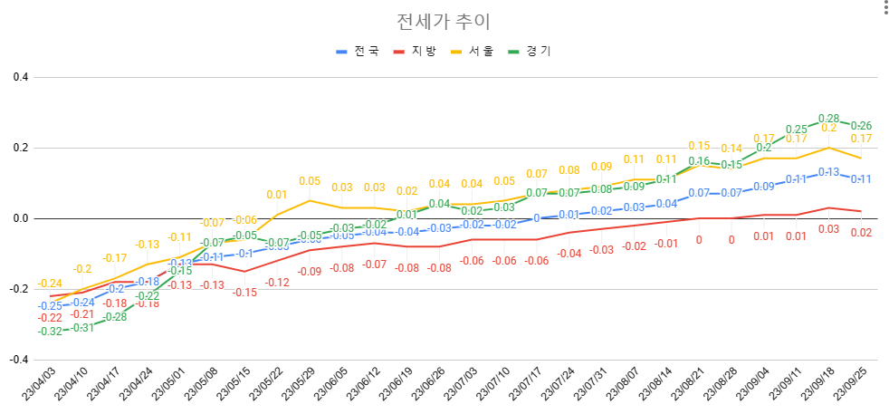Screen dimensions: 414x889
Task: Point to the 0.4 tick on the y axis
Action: pos(19,78)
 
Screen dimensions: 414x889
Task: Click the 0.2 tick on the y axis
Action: pos(19,148)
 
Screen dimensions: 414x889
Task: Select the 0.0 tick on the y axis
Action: pos(19,218)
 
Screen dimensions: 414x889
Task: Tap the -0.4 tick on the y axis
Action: pos(17,360)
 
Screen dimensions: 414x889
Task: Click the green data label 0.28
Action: pos(828,119)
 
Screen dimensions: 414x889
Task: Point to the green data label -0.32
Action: pos(51,332)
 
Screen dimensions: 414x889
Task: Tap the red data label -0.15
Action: pos(244,292)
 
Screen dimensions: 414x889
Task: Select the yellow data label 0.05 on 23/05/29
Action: pos(310,181)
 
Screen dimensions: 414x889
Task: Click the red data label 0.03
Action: pos(828,229)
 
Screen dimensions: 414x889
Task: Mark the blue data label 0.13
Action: pos(828,172)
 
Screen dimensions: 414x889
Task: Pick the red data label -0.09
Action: pos(310,271)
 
